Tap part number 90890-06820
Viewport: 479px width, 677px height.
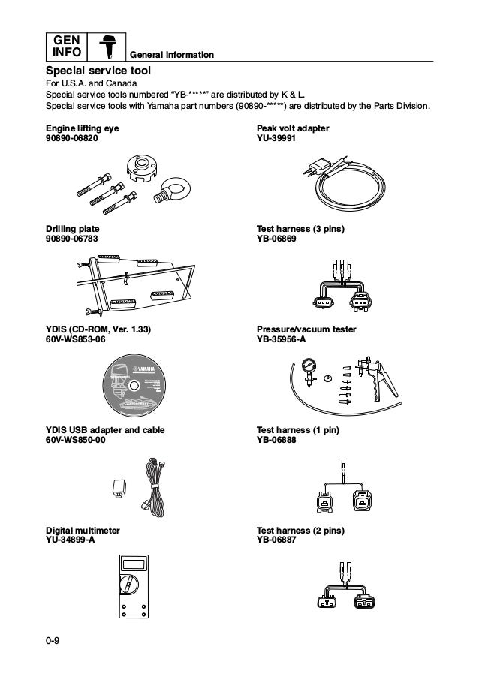click(x=72, y=139)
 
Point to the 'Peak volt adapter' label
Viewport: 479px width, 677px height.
click(x=293, y=129)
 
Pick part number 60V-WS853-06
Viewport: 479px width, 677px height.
click(x=77, y=339)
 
